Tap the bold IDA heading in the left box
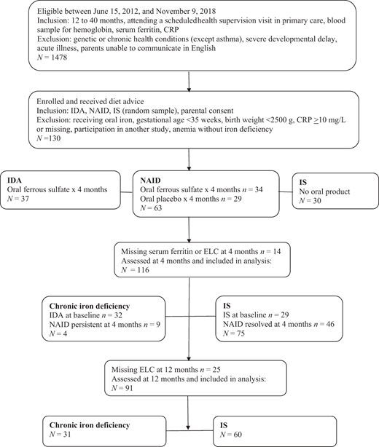click(x=15, y=179)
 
